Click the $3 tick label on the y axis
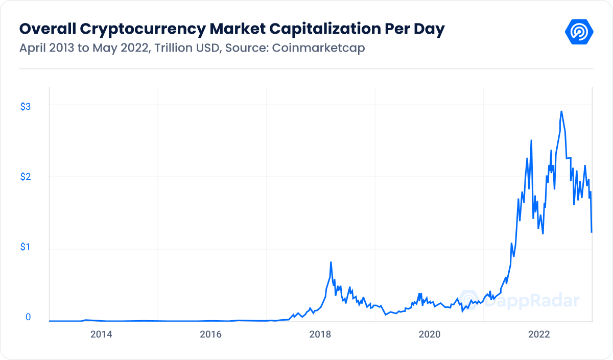click(26, 106)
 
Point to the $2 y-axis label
click(26, 177)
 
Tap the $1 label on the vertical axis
click(26, 247)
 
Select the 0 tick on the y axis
click(28, 317)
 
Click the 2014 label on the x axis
click(101, 334)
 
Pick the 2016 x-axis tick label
click(210, 334)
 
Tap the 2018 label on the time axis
click(320, 334)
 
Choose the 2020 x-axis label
click(430, 334)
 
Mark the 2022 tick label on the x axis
click(539, 334)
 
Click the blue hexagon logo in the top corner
click(579, 32)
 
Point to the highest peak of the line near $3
click(561, 111)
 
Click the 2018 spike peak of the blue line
click(331, 262)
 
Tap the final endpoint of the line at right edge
click(592, 232)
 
